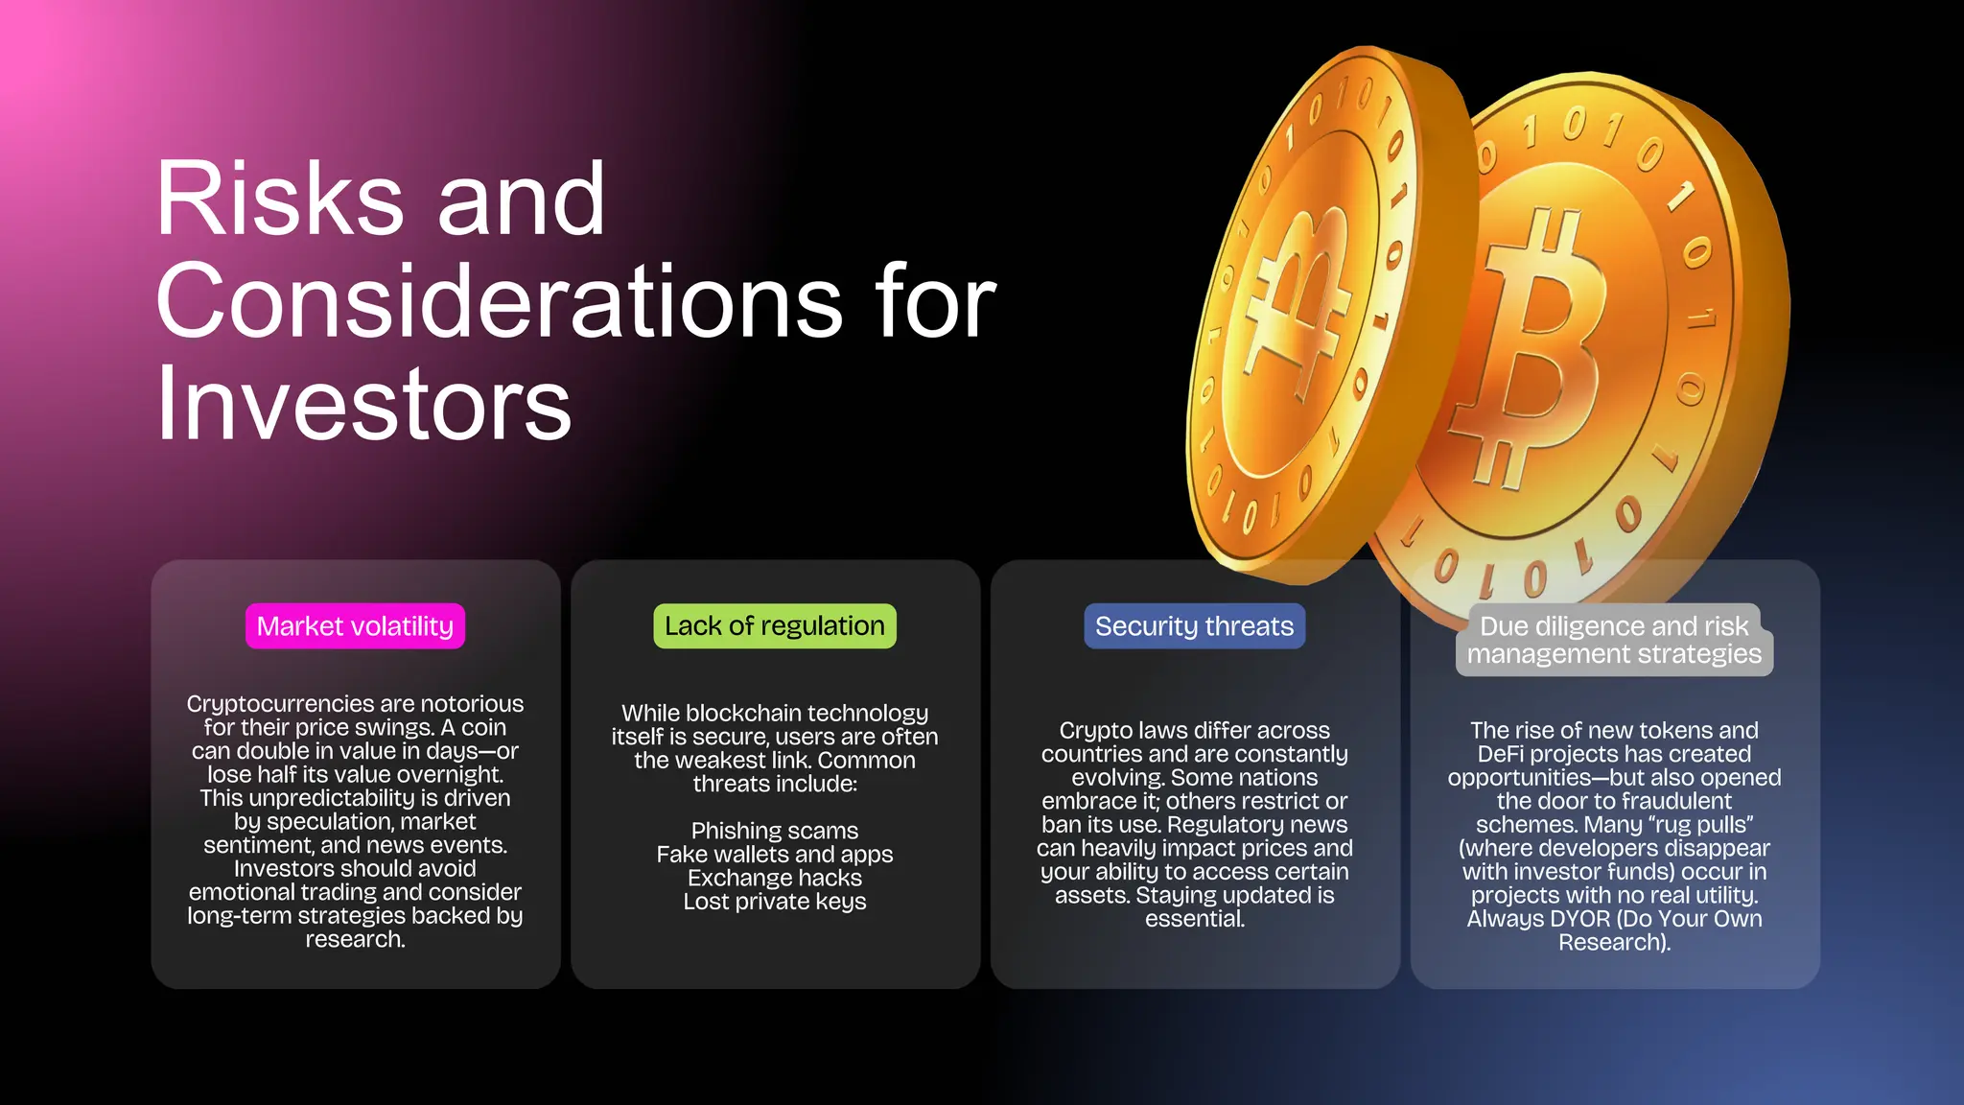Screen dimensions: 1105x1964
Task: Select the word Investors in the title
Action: point(363,404)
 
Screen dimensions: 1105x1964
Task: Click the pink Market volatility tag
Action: point(355,626)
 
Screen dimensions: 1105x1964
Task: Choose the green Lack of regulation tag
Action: point(775,626)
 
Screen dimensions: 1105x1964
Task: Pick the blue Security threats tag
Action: point(1194,626)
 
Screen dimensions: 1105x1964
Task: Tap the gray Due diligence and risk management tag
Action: point(1614,640)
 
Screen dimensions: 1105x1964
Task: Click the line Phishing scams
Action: point(775,831)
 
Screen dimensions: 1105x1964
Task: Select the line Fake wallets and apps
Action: point(775,855)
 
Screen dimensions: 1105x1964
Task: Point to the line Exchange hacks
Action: point(775,878)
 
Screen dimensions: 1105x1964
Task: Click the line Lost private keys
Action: point(775,902)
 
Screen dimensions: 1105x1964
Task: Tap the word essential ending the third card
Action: point(1194,919)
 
